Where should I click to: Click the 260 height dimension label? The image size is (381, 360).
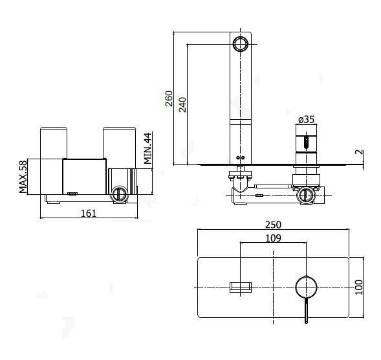(x=169, y=98)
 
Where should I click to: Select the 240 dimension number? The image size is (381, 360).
(x=182, y=105)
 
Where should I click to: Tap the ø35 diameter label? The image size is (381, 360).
(x=306, y=119)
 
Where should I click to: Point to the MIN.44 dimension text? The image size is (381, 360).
(x=147, y=148)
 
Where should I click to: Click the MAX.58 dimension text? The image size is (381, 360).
(x=23, y=177)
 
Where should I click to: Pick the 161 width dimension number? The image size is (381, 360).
(x=89, y=213)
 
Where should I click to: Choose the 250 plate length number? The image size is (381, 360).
(x=273, y=225)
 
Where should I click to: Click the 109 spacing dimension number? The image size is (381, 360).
(x=273, y=238)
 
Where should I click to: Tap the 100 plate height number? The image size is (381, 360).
(x=359, y=287)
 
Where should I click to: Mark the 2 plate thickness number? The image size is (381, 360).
(x=359, y=152)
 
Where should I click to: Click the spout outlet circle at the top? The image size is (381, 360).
(x=241, y=44)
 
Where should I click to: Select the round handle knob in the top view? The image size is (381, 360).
(x=306, y=287)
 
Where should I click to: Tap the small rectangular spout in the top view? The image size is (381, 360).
(x=241, y=287)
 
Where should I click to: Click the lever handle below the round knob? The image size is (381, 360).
(x=306, y=311)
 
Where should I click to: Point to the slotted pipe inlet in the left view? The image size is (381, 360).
(x=119, y=194)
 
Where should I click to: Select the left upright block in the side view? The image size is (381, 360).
(x=54, y=161)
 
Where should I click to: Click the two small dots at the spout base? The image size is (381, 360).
(x=241, y=157)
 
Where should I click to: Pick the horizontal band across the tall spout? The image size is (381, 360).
(x=241, y=122)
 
